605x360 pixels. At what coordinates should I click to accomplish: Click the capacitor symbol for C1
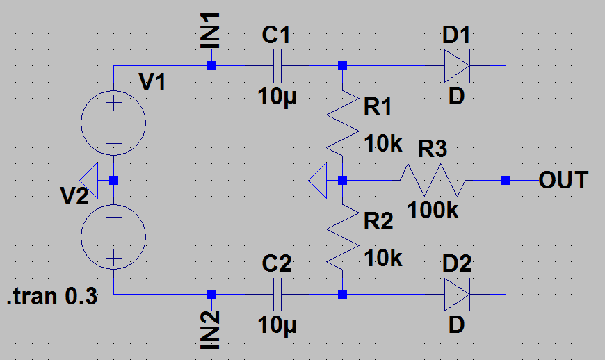277,66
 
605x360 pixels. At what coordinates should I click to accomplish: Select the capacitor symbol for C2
277,295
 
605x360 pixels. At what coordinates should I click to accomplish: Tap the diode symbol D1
457,66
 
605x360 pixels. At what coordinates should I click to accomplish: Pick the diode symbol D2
457,295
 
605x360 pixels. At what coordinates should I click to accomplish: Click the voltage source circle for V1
113,122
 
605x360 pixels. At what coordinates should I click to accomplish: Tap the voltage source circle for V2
113,237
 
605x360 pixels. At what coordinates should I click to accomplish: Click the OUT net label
563,180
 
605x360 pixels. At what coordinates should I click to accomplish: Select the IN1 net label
210,31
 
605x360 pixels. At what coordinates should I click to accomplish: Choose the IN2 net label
210,330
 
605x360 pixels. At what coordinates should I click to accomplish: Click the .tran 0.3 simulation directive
52,296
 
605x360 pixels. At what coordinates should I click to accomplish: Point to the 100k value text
433,211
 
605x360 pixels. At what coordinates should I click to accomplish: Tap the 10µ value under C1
277,97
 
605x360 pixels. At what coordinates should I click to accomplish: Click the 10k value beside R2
383,258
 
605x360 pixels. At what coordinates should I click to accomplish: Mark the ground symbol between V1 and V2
89,180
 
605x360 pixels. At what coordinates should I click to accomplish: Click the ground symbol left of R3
318,180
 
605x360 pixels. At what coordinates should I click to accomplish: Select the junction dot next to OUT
506,180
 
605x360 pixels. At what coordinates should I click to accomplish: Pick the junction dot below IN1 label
211,66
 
